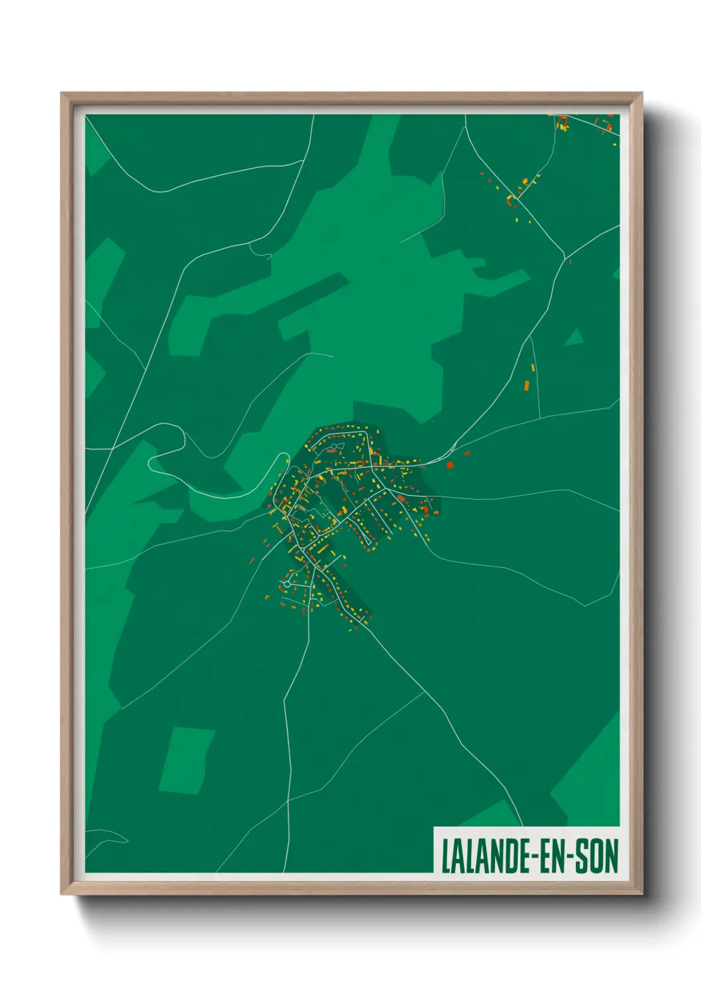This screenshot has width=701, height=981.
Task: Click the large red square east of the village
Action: (x=450, y=465)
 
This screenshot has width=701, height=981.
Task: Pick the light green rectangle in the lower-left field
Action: (x=186, y=760)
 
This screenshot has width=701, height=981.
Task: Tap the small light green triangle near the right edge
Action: (x=574, y=337)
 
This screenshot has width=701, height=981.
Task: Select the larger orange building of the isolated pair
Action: (x=527, y=385)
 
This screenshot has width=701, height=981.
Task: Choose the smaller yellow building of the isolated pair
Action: (x=533, y=367)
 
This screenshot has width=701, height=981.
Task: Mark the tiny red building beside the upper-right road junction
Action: (x=570, y=262)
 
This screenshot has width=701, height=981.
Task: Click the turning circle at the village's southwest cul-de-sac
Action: (x=286, y=584)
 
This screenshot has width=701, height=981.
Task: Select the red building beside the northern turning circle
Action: (x=331, y=451)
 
